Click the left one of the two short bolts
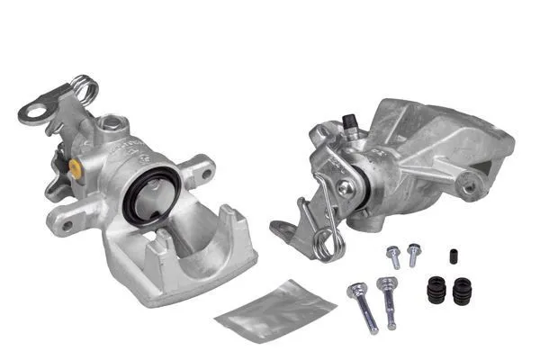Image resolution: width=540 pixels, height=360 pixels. tap(394, 257)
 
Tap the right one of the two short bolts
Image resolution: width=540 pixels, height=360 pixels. tap(414, 254)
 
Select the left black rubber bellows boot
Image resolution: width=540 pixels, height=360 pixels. tap(437, 291)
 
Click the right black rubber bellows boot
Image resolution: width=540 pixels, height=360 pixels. tap(463, 291)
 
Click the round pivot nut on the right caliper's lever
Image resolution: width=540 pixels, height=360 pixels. tap(346, 188)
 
